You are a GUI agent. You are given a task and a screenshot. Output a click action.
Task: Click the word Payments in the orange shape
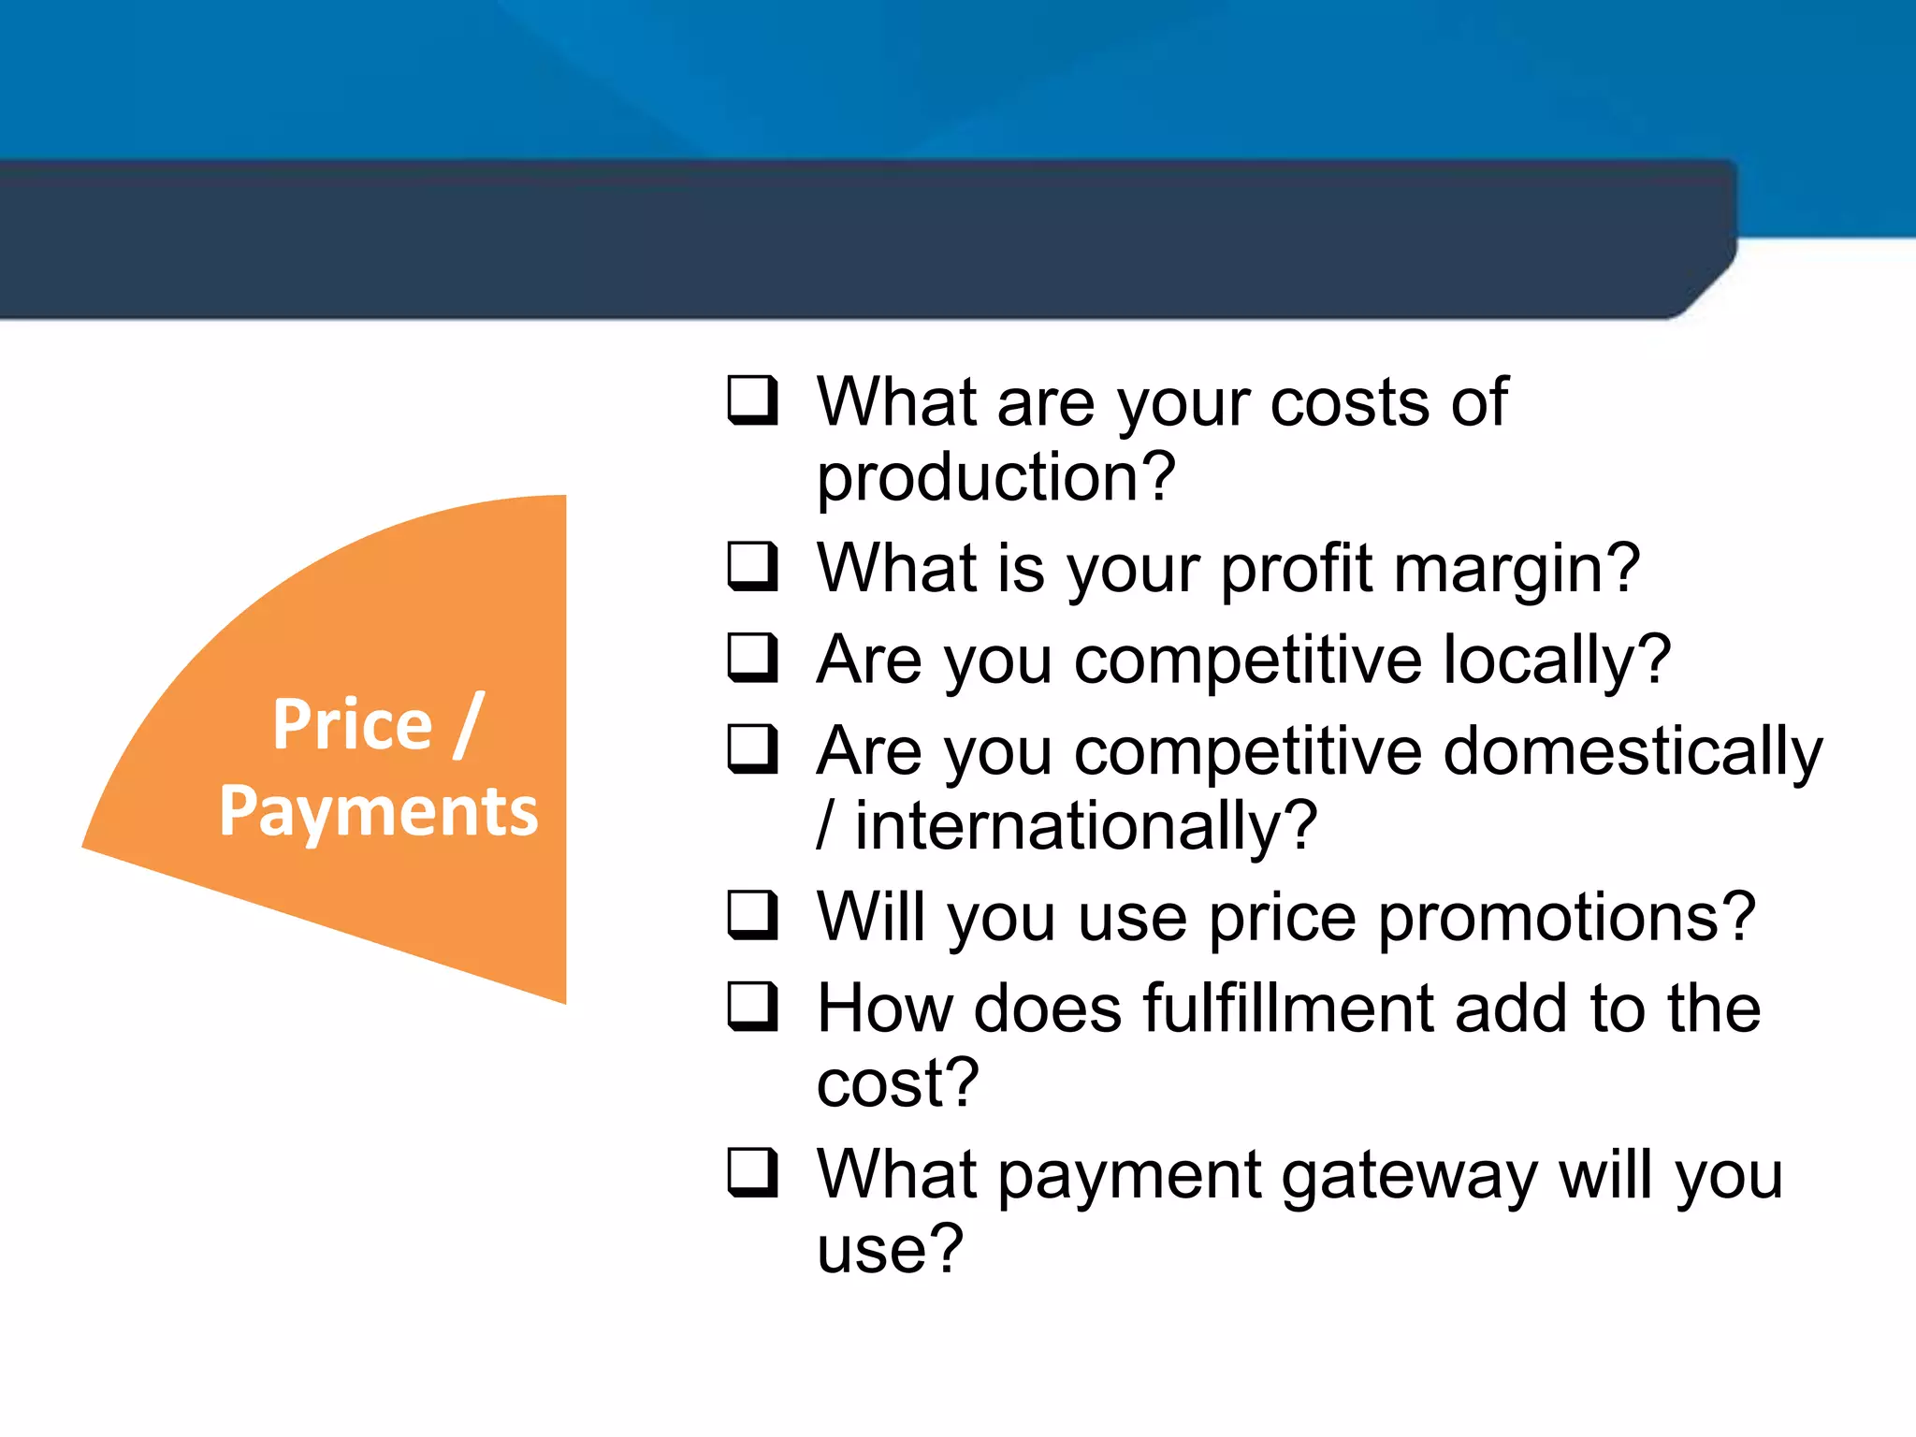(378, 810)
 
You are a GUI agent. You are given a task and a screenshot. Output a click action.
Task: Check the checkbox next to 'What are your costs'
(752, 400)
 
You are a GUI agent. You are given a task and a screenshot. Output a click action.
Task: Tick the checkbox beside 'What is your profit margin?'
(752, 567)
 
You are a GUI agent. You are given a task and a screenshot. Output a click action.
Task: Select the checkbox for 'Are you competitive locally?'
(752, 658)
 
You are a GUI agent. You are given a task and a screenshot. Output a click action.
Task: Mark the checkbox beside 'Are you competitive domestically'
(752, 749)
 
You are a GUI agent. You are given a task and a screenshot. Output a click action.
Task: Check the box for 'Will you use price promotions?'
(752, 915)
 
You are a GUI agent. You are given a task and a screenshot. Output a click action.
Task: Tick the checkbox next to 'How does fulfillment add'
(752, 1007)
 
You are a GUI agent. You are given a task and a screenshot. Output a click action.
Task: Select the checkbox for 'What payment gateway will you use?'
(752, 1173)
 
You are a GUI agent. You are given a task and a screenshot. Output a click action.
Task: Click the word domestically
(1633, 751)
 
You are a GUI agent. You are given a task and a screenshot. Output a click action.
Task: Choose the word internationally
(1085, 826)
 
